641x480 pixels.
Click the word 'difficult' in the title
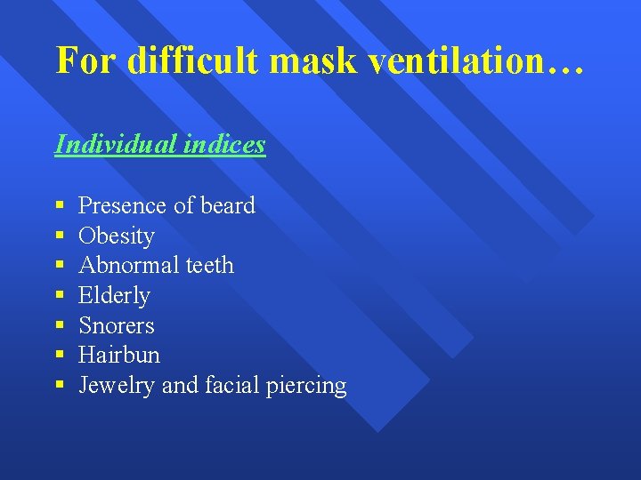pos(191,60)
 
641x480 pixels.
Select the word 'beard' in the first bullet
pos(228,205)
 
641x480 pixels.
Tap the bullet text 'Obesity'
pos(117,236)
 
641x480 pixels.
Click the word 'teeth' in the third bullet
pos(209,265)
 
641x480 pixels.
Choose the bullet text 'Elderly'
pos(114,295)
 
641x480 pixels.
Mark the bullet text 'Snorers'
pos(117,325)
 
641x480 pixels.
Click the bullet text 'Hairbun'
pos(119,355)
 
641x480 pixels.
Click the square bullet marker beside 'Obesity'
pos(60,236)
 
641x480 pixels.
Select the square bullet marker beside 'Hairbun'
pos(60,356)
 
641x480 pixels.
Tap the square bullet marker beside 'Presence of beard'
pos(60,206)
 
